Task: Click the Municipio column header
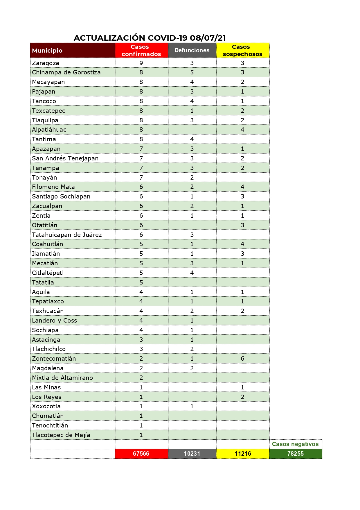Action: click(47, 51)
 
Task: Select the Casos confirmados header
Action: click(141, 51)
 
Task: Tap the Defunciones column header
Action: click(192, 51)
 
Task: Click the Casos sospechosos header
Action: click(242, 51)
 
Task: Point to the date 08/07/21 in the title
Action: click(208, 38)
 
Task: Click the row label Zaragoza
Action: click(46, 63)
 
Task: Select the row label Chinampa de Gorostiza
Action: click(66, 72)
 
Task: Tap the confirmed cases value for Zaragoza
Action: click(141, 63)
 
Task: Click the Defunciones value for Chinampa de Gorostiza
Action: click(192, 72)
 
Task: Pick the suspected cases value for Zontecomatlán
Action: click(242, 359)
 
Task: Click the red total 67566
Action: click(141, 454)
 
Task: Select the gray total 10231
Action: click(192, 454)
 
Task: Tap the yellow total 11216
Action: click(243, 454)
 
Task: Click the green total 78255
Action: click(296, 454)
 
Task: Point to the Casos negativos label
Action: click(295, 444)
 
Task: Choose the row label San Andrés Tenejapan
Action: click(65, 158)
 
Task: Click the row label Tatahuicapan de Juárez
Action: click(67, 235)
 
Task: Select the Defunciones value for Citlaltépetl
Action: click(192, 273)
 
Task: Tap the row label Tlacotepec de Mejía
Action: click(61, 435)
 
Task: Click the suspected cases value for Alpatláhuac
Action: click(242, 130)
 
